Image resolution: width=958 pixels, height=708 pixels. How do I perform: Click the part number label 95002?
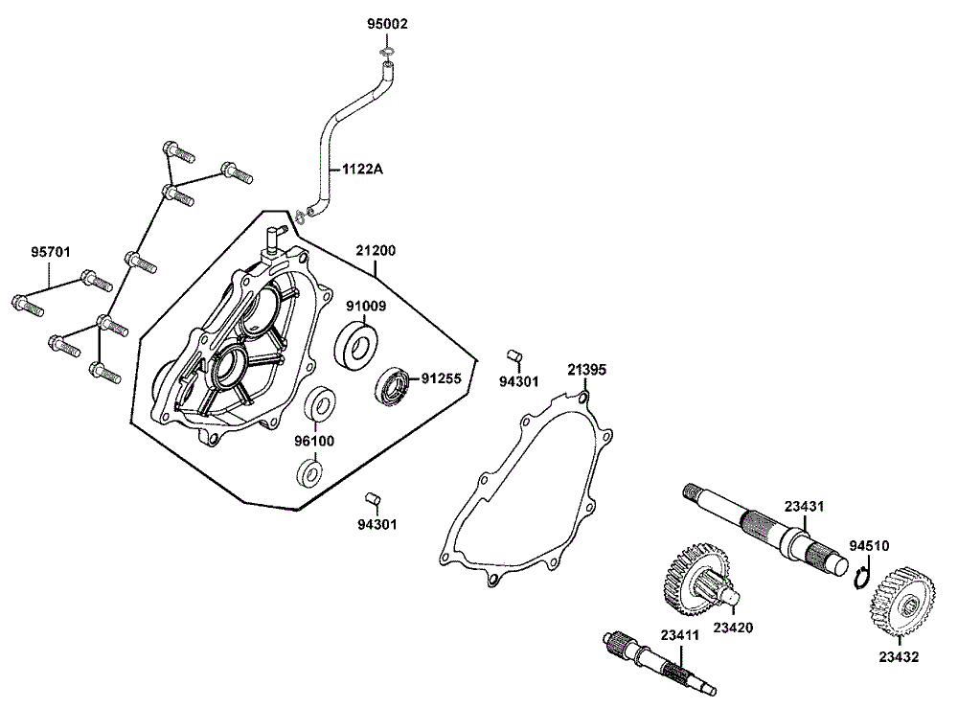coord(387,24)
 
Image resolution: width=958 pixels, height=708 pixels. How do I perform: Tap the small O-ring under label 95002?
coord(386,52)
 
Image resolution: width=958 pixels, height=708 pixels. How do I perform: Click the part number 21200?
coord(376,251)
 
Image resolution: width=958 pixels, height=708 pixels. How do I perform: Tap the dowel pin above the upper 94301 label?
coord(513,356)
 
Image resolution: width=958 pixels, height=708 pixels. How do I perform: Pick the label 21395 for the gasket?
coord(585,369)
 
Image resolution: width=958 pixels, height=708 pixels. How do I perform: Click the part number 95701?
coord(50,252)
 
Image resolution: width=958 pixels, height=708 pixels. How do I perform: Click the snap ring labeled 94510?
coord(862,581)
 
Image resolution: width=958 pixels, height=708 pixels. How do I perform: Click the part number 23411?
coord(679,634)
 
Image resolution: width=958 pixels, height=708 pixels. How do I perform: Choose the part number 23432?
coord(899,657)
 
